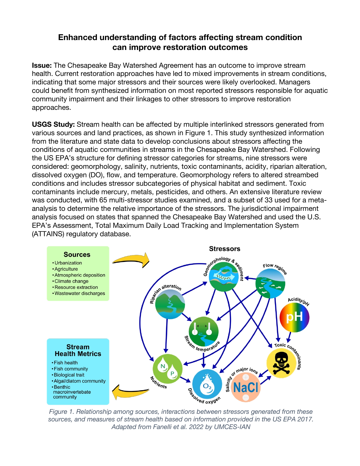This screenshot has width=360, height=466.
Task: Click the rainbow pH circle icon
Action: (x=294, y=317)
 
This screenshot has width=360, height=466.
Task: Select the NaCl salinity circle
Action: (x=246, y=387)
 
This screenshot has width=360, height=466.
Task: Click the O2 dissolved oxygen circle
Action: (x=207, y=384)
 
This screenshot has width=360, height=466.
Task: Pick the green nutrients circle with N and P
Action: (x=167, y=369)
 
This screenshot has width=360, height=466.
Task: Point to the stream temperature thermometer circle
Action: (x=204, y=331)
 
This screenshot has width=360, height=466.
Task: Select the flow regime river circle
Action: (x=270, y=284)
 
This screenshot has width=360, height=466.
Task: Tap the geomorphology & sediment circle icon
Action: (x=224, y=277)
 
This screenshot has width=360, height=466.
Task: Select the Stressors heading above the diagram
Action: (x=224, y=249)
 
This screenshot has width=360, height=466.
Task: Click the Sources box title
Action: (x=77, y=255)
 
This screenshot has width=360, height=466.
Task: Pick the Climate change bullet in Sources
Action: (x=71, y=281)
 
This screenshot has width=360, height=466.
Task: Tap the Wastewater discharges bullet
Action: (x=79, y=293)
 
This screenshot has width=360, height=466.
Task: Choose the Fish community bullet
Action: (x=71, y=369)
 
